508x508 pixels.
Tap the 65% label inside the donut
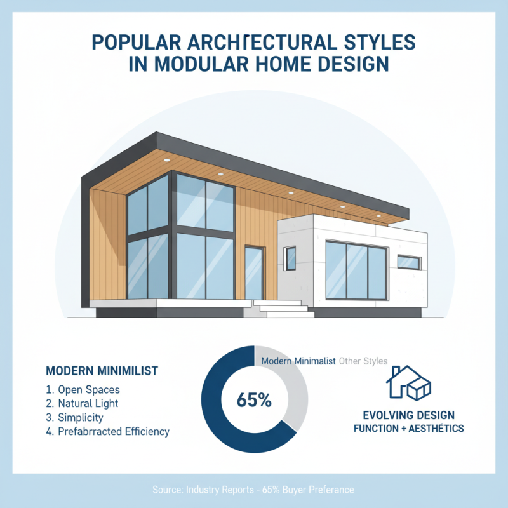tap(253, 401)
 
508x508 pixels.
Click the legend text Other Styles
tap(363, 361)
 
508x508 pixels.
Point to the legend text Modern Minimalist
tap(298, 361)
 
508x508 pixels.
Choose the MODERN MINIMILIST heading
tap(102, 370)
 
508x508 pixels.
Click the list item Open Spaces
tap(88, 389)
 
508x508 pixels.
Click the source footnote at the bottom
tap(253, 490)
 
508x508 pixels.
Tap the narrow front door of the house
tap(254, 273)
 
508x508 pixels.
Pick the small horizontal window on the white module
tap(409, 262)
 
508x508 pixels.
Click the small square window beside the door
tap(290, 258)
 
